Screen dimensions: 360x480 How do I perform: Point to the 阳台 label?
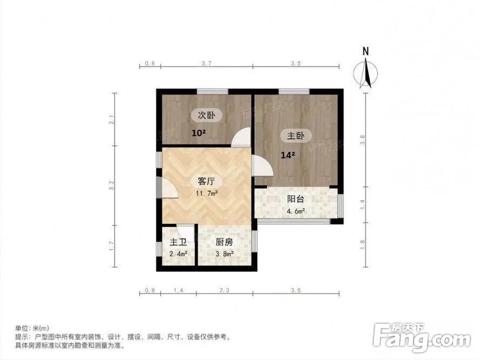(x=295, y=199)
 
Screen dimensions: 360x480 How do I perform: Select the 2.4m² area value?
(x=178, y=254)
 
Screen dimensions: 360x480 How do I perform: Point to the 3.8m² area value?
(x=224, y=254)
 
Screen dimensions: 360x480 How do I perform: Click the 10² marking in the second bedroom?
(x=198, y=133)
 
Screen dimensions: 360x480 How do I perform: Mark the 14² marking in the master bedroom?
(x=287, y=156)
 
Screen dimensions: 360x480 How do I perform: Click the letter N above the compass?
(x=366, y=51)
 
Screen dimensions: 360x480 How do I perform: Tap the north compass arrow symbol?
(x=366, y=74)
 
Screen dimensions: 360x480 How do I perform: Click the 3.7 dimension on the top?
(x=206, y=64)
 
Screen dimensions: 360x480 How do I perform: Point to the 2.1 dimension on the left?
(x=112, y=120)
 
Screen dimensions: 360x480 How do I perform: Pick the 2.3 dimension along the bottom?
(x=224, y=291)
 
